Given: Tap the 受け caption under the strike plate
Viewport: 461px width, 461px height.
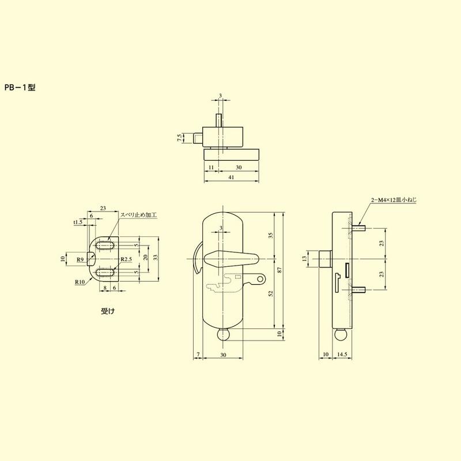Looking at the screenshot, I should [x=108, y=311].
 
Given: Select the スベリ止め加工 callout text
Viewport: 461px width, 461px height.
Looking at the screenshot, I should [x=138, y=215].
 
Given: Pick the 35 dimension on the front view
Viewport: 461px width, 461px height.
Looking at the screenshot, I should [x=271, y=235].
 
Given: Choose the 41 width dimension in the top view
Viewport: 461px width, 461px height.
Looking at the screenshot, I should [x=231, y=178].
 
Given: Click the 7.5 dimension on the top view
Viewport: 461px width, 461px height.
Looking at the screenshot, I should [x=180, y=138].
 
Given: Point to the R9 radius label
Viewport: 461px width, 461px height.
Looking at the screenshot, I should [x=81, y=260].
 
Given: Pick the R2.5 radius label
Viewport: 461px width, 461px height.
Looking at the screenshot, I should [x=127, y=260].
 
